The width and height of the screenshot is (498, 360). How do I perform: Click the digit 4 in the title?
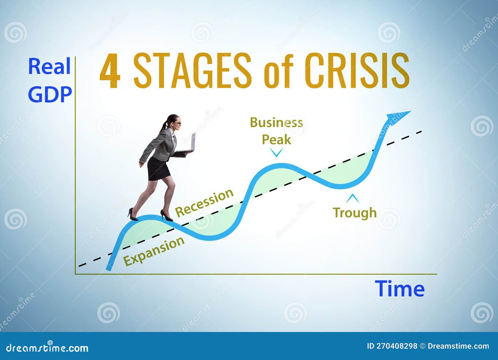(x=110, y=71)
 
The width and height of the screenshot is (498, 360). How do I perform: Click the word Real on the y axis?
(x=49, y=67)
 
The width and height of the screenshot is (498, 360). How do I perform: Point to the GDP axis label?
(x=50, y=94)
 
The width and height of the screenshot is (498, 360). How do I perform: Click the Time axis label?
(x=399, y=289)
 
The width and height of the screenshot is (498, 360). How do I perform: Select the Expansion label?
(x=154, y=251)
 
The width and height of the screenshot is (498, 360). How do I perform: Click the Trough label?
(x=355, y=213)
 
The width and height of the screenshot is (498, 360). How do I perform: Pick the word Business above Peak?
(x=276, y=123)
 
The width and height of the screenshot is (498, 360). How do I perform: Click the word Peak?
(x=276, y=139)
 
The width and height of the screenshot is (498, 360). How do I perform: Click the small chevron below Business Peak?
(x=276, y=152)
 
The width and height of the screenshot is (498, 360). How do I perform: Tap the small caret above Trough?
(x=352, y=198)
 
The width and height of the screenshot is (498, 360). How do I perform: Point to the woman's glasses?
(x=177, y=124)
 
